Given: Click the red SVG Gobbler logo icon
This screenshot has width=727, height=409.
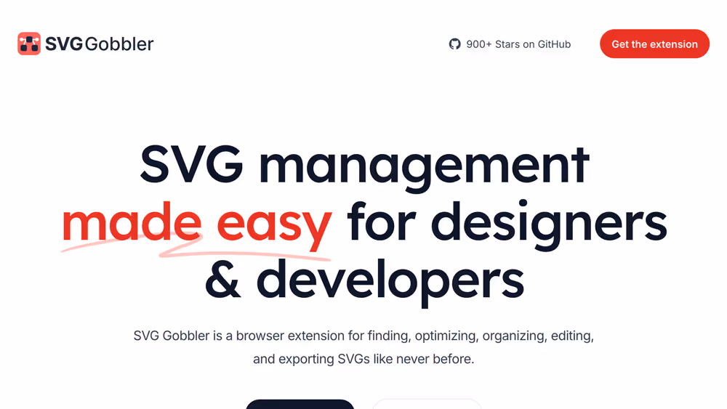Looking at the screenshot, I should pyautogui.click(x=29, y=44).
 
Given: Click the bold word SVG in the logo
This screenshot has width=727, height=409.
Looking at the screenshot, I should pyautogui.click(x=63, y=44).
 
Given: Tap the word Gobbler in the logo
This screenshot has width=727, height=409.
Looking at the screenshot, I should pyautogui.click(x=119, y=44).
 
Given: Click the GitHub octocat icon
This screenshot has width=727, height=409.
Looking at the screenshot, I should pyautogui.click(x=455, y=44).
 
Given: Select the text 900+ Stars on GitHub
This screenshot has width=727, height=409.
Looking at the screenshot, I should pyautogui.click(x=518, y=44).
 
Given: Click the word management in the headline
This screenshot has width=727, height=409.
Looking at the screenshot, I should pyautogui.click(x=424, y=165).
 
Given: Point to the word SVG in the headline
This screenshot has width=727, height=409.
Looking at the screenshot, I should pyautogui.click(x=191, y=165).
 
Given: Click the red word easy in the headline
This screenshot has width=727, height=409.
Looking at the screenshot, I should pyautogui.click(x=274, y=224).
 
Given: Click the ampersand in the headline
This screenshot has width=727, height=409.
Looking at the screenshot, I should pyautogui.click(x=222, y=280).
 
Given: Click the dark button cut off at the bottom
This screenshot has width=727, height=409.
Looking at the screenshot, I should pyautogui.click(x=300, y=404).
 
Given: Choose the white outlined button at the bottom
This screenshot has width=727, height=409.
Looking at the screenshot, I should pyautogui.click(x=427, y=404).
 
